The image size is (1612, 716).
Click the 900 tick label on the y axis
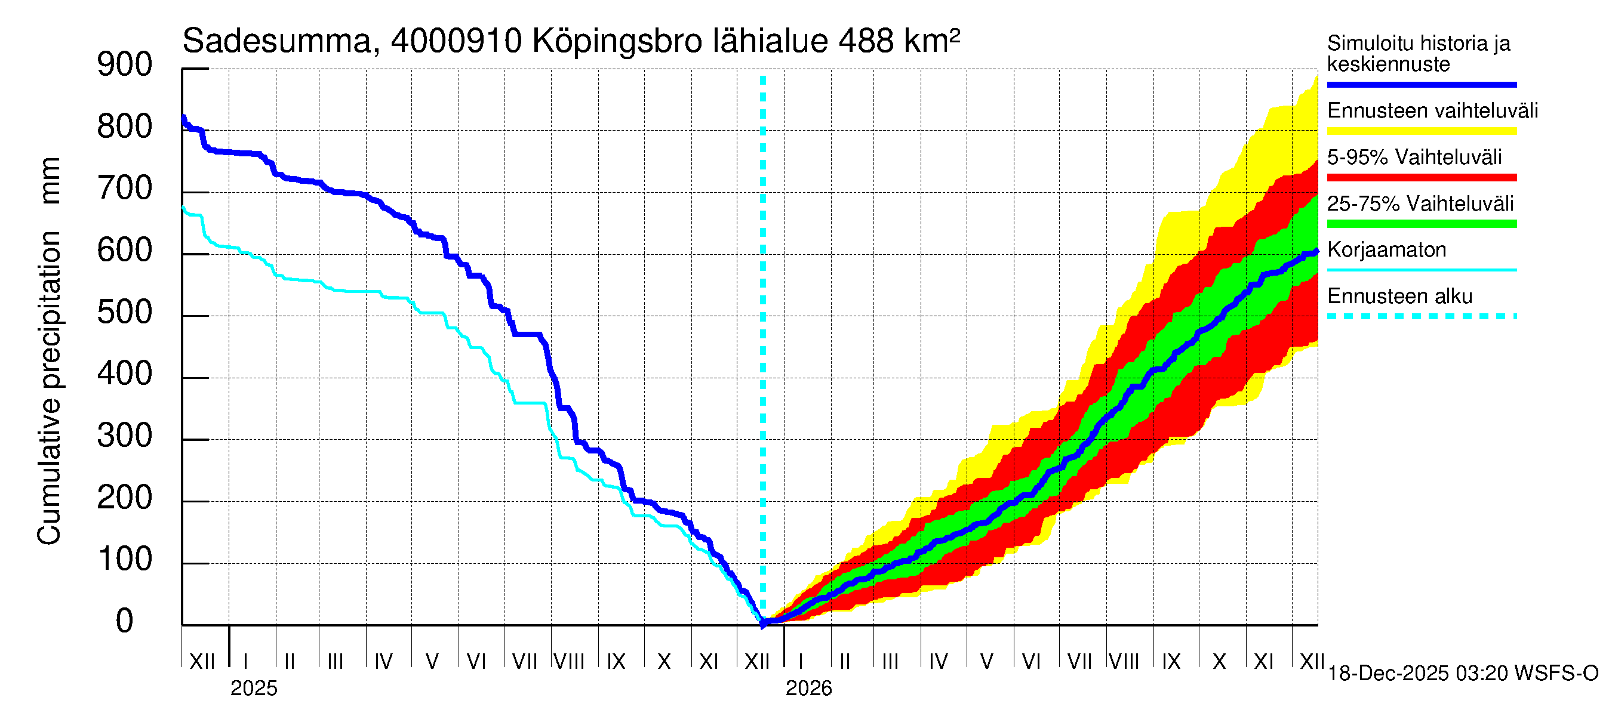[125, 65]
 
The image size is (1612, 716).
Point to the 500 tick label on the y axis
[125, 312]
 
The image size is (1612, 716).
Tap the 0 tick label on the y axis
[125, 621]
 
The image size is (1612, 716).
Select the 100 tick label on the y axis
[125, 559]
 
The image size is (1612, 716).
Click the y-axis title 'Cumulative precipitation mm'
[50, 350]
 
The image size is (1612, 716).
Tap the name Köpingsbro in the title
[617, 41]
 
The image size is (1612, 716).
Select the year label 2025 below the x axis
[253, 689]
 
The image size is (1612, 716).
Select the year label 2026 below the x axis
[808, 689]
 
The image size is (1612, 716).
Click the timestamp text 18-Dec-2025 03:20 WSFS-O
[1462, 674]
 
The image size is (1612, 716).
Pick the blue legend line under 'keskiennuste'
[1421, 84]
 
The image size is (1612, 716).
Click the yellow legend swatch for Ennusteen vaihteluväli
[1421, 131]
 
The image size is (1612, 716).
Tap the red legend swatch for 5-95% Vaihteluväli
[1421, 178]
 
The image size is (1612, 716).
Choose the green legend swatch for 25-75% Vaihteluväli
[1421, 224]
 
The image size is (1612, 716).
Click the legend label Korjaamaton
[1386, 250]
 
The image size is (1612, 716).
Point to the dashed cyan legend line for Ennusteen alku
[1421, 316]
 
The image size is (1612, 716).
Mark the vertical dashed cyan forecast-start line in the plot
[763, 313]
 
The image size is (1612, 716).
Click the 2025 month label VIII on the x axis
[569, 662]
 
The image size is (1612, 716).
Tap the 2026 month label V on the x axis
[986, 662]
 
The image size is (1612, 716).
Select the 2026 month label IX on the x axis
[1171, 662]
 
